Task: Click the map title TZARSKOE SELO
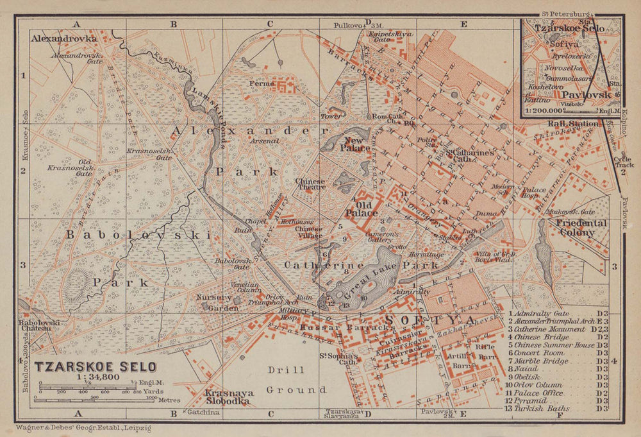point(96,368)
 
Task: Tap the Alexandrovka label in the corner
point(64,39)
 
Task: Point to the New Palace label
point(357,144)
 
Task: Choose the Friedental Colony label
point(577,228)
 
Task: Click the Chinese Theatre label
point(311,184)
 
